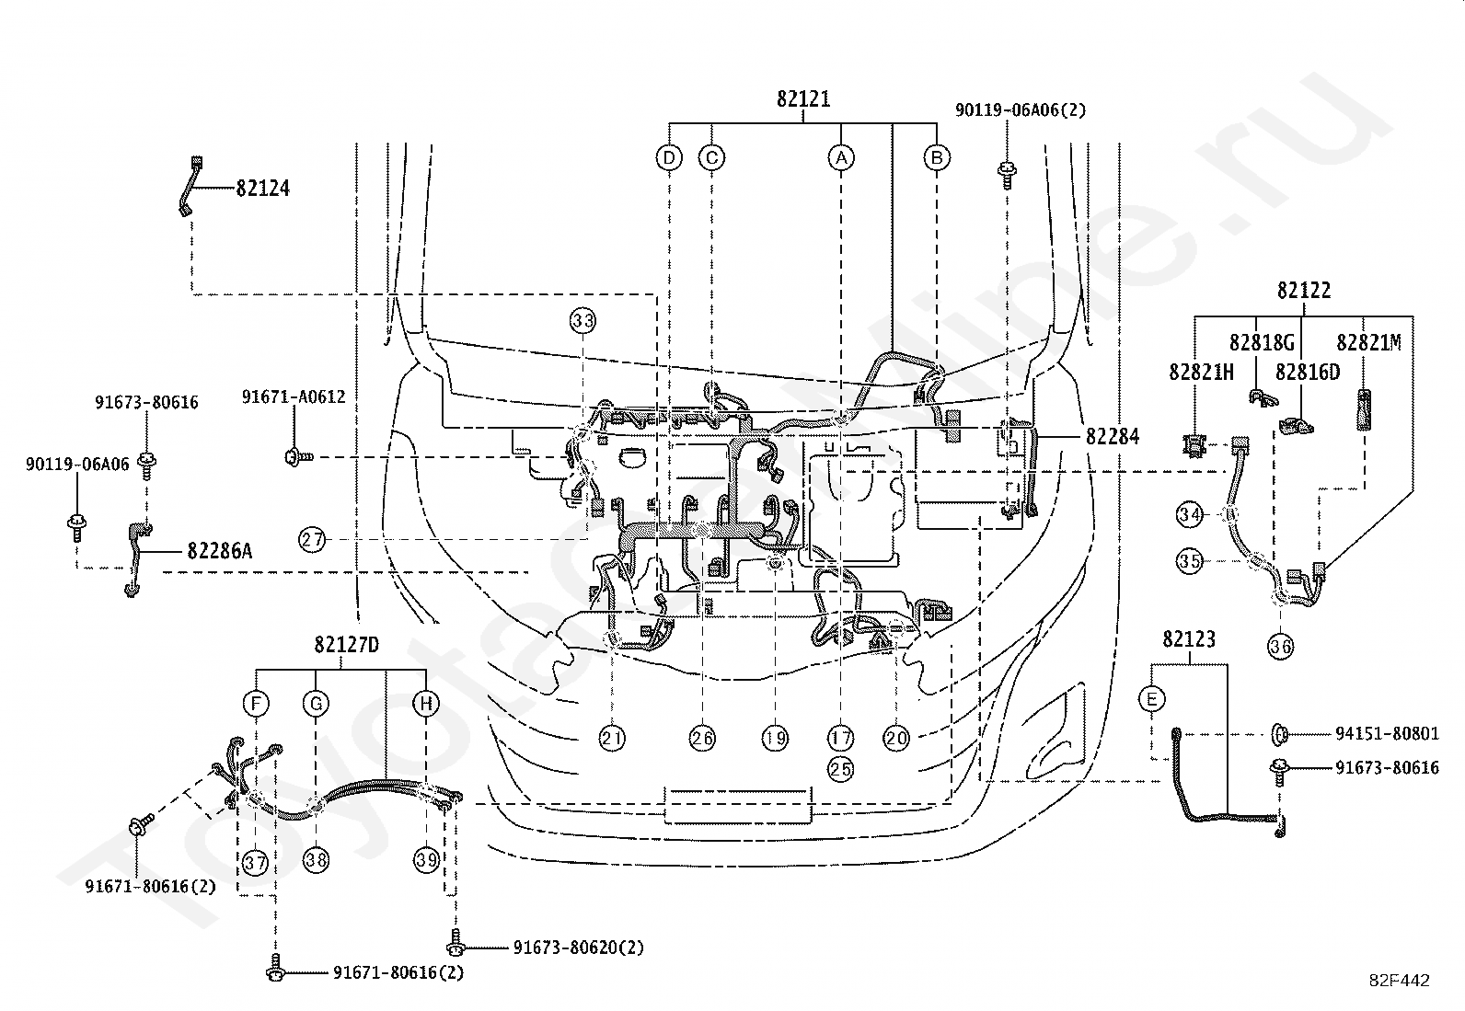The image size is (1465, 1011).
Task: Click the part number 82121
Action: pyautogui.click(x=803, y=99)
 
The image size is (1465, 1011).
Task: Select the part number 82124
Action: pyautogui.click(x=262, y=189)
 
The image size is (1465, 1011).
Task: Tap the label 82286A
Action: pyautogui.click(x=219, y=551)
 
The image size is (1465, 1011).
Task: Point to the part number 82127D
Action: pyautogui.click(x=346, y=645)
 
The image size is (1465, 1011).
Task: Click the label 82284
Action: pyautogui.click(x=1113, y=436)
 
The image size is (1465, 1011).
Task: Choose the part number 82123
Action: pyautogui.click(x=1189, y=639)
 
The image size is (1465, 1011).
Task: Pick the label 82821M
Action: pyautogui.click(x=1368, y=342)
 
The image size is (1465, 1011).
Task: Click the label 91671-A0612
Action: pyautogui.click(x=294, y=396)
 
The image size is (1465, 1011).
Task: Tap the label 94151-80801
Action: pyautogui.click(x=1387, y=734)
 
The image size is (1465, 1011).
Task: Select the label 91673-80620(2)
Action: pyautogui.click(x=578, y=947)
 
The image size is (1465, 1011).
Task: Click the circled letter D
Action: pyautogui.click(x=668, y=157)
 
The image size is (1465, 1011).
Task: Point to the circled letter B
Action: pyautogui.click(x=937, y=157)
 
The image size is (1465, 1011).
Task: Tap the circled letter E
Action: pyautogui.click(x=1152, y=699)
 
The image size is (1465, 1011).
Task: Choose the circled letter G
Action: pyautogui.click(x=316, y=704)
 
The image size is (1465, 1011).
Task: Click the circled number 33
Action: pyautogui.click(x=583, y=320)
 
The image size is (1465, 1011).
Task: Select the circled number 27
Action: pyautogui.click(x=312, y=539)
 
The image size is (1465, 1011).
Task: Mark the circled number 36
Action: pyautogui.click(x=1281, y=647)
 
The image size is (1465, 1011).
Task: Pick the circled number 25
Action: pyautogui.click(x=840, y=769)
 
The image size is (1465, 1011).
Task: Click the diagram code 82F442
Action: pyautogui.click(x=1400, y=981)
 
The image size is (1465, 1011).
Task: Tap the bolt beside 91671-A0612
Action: pyautogui.click(x=299, y=456)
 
